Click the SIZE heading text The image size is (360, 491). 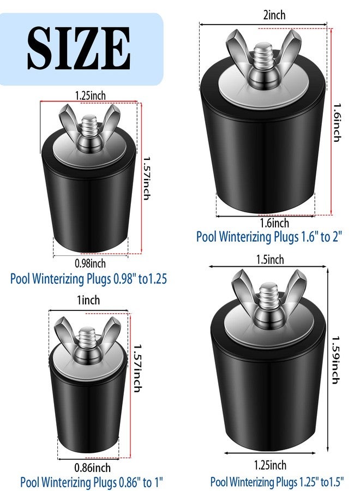pyautogui.click(x=79, y=48)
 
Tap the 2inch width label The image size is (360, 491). pyautogui.click(x=274, y=15)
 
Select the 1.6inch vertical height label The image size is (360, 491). pyautogui.click(x=337, y=122)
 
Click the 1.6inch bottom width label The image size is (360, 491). pyautogui.click(x=274, y=223)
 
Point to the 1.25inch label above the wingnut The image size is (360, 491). pyautogui.click(x=90, y=95)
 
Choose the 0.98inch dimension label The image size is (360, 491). pyautogui.click(x=90, y=264)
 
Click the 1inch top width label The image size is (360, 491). pyautogui.click(x=88, y=300)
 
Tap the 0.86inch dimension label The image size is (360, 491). pyautogui.click(x=92, y=468)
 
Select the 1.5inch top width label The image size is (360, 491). pyautogui.click(x=270, y=260)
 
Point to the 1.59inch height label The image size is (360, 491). pyautogui.click(x=336, y=360)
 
